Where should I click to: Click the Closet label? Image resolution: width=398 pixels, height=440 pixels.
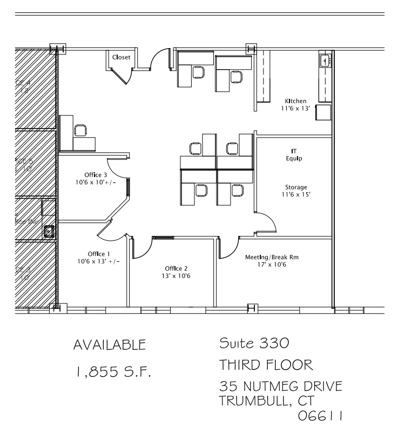point(121,57)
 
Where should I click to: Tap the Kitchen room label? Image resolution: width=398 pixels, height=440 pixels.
point(295,101)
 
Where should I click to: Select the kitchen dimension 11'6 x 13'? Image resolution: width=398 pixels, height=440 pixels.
point(295,109)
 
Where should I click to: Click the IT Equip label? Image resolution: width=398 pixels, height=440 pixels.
point(294,154)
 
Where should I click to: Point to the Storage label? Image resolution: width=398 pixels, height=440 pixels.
point(296,187)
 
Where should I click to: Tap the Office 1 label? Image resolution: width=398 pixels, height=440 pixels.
point(99,254)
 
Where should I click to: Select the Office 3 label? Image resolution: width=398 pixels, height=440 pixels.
point(96,174)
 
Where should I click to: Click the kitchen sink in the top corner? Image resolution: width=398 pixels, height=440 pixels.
point(325,61)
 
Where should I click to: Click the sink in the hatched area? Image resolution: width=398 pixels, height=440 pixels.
point(49,231)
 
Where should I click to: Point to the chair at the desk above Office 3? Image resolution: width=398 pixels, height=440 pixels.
point(80,130)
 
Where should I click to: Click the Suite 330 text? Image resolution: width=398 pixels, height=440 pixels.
point(254,343)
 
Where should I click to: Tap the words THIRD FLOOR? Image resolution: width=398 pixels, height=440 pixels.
point(266,365)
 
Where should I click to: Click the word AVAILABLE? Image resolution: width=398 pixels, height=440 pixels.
point(110,344)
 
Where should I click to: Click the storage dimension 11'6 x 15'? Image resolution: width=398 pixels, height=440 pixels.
point(296,195)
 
